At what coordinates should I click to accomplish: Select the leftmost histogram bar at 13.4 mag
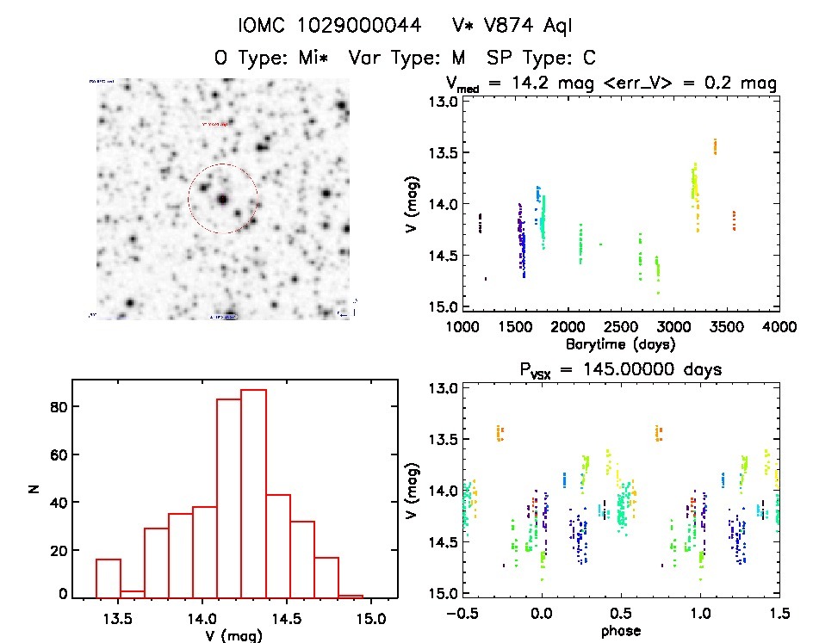[109, 577]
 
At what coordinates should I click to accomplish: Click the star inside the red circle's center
[222, 199]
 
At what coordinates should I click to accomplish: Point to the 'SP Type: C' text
[541, 59]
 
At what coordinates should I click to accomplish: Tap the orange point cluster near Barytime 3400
[715, 145]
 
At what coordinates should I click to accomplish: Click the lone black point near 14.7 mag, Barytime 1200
[486, 278]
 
